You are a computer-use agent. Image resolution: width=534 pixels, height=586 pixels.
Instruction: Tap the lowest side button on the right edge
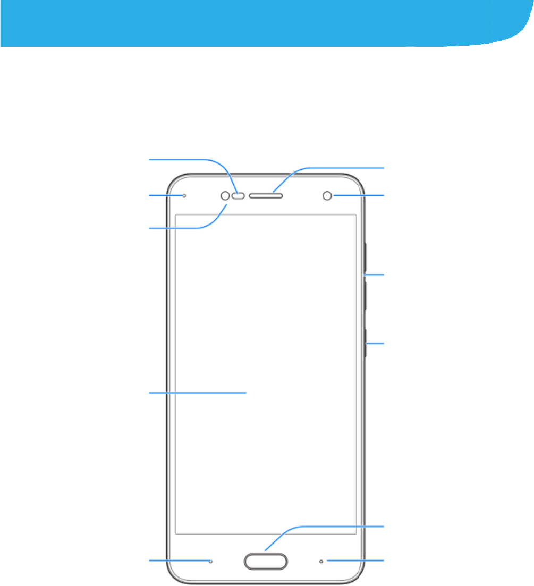pyautogui.click(x=366, y=344)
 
